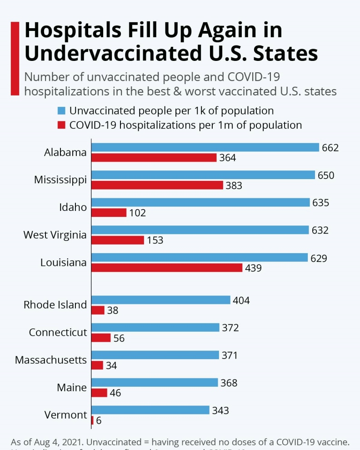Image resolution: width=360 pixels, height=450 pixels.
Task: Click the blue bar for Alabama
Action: pos(205,147)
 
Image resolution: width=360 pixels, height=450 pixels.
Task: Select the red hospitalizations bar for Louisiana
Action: pos(167,268)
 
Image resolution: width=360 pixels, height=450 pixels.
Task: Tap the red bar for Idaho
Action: pos(109,213)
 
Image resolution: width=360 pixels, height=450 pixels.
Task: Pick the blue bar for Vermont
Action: pos(150,410)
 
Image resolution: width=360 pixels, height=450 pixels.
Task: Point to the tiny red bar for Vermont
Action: pos(92,420)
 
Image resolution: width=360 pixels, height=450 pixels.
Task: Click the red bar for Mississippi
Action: pos(157,185)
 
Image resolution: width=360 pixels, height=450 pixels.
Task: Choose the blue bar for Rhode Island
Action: pos(161,300)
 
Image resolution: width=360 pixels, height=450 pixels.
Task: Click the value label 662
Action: pos(330,148)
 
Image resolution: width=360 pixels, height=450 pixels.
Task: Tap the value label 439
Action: pos(253,268)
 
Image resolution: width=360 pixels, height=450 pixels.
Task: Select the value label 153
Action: pos(155,240)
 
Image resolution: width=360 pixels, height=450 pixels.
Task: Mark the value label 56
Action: pos(119,338)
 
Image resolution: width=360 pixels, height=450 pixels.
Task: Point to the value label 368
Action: pos(229,383)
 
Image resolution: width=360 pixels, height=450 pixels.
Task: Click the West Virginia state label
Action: pos(55,235)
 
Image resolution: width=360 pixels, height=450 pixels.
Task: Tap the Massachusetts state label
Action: pos(51,360)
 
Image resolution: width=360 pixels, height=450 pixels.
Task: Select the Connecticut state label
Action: pos(58,332)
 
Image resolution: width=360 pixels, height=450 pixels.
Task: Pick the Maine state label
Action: pos(72,388)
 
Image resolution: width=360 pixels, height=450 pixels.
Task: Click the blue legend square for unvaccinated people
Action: pos(61,110)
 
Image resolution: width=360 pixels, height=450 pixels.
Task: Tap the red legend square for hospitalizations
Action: pos(61,125)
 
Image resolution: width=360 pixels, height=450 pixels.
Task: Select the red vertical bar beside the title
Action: pos(15,58)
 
